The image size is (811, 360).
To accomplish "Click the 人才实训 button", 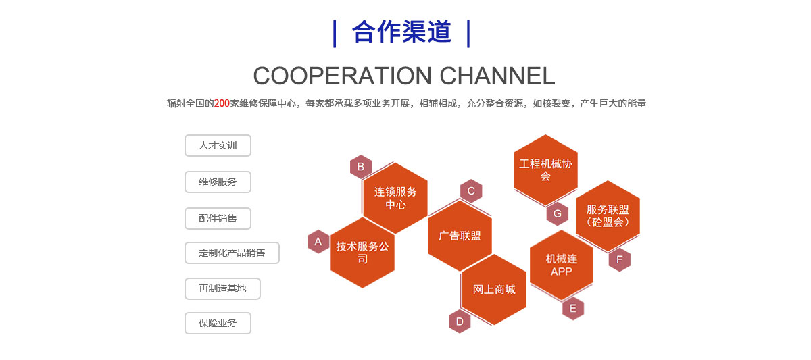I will click(218, 145).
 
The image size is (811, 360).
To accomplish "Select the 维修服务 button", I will click(218, 182).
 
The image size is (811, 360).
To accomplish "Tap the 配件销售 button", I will click(218, 218).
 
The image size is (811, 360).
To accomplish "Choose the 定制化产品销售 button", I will click(232, 253).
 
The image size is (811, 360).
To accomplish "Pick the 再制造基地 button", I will click(222, 288).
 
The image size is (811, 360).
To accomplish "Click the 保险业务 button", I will click(218, 323).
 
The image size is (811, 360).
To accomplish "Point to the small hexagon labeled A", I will click(318, 242).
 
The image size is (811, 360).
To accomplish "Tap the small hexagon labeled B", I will click(361, 167).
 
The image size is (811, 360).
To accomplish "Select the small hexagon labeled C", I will click(471, 191).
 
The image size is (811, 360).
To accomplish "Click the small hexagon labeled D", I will click(460, 322).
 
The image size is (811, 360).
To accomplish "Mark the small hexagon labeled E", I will click(573, 309).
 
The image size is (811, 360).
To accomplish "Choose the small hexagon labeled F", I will click(620, 259).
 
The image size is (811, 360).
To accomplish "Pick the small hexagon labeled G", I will click(558, 214).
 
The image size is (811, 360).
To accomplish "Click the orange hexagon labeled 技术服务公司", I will click(363, 252).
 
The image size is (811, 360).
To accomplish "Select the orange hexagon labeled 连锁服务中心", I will click(395, 197).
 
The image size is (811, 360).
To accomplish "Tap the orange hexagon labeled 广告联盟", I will click(460, 236).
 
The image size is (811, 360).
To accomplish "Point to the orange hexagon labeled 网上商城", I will click(494, 289).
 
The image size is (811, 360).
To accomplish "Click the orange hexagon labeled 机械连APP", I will click(562, 265).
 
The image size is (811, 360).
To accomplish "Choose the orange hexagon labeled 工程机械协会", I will click(545, 170).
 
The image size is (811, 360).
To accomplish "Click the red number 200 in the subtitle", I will click(222, 103).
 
